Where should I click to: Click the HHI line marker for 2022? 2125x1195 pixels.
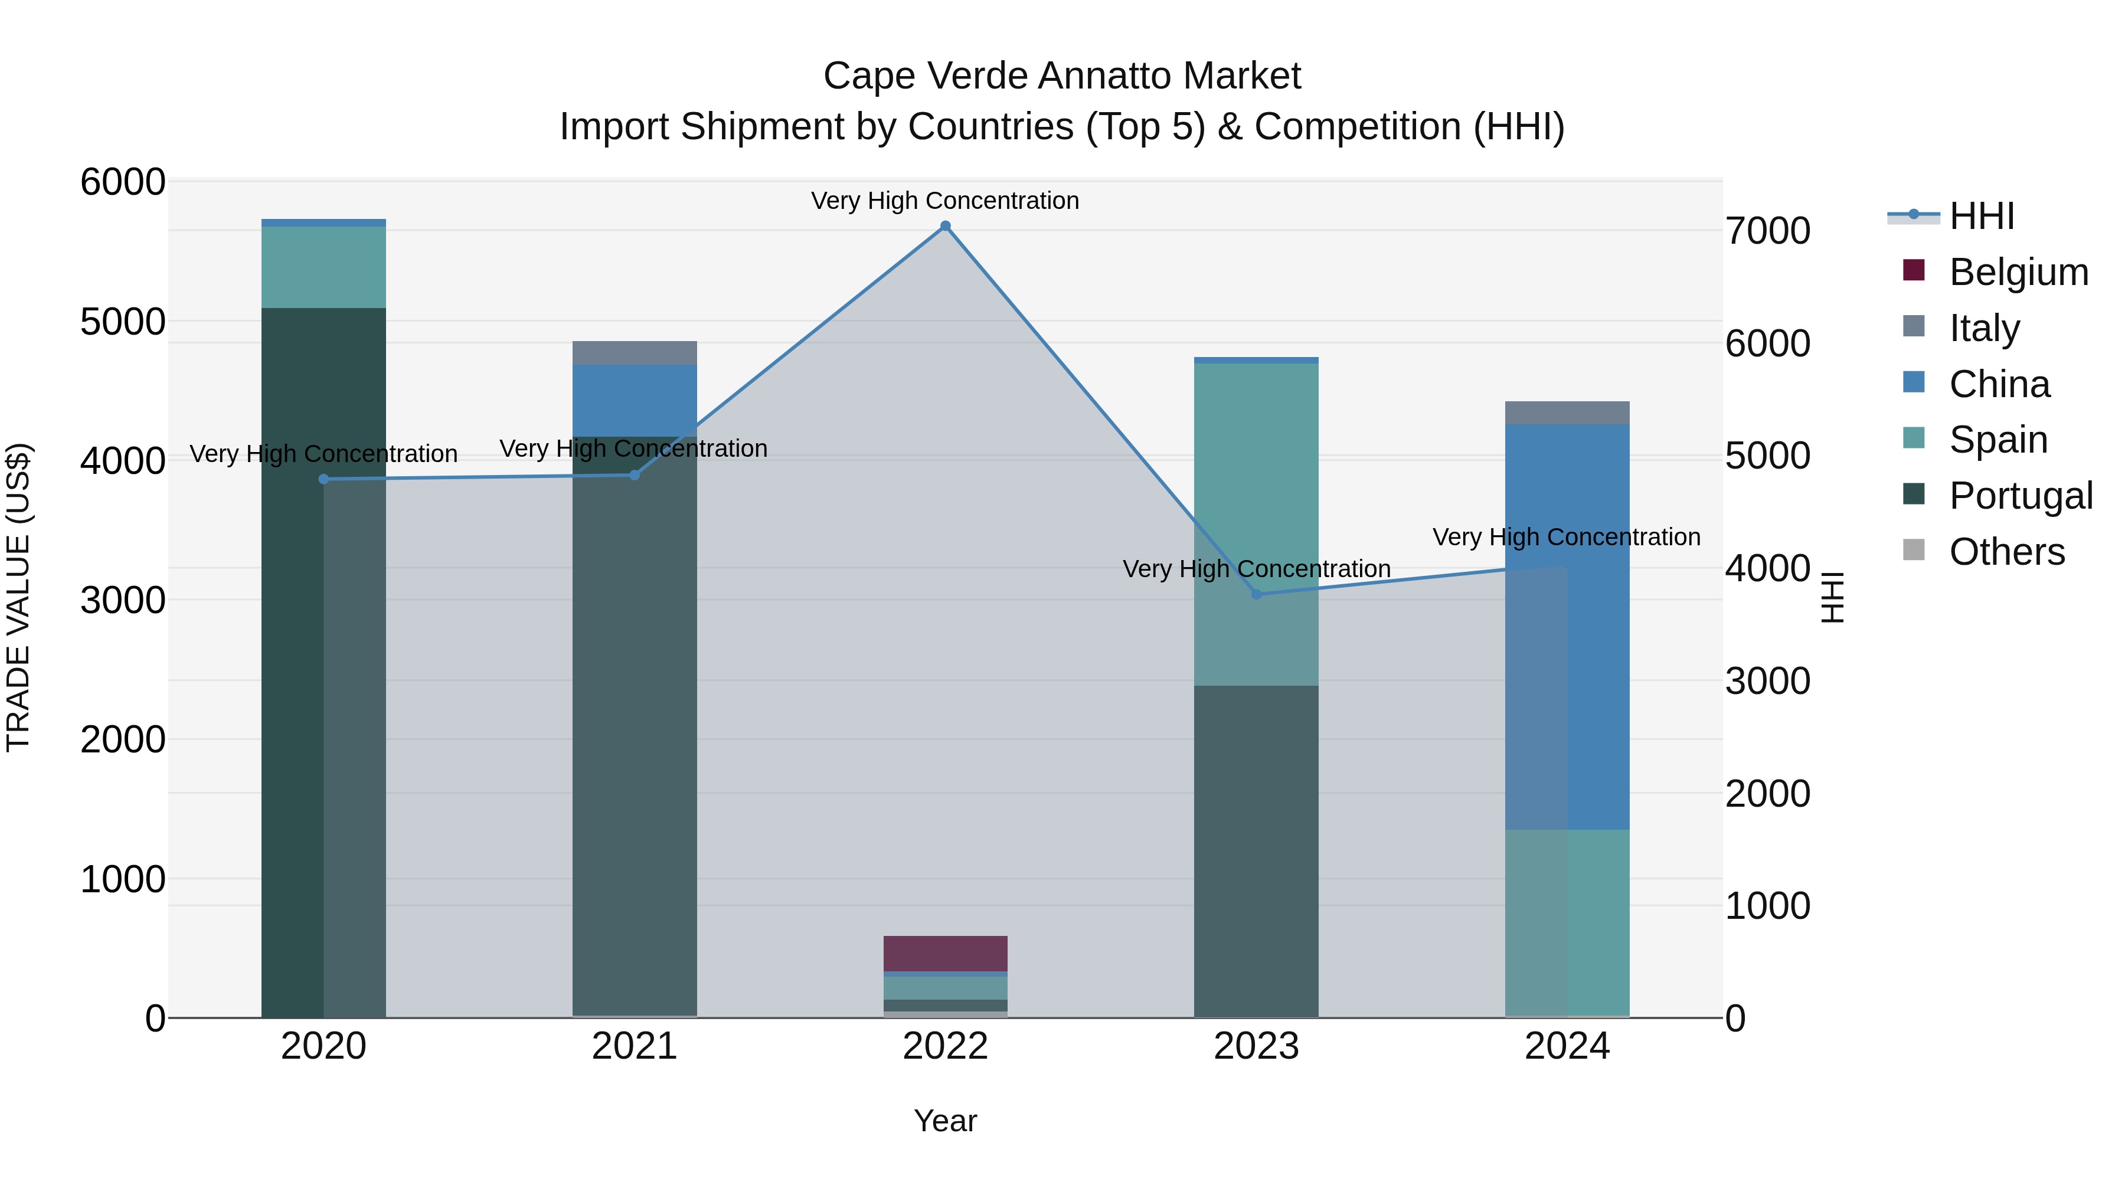(946, 226)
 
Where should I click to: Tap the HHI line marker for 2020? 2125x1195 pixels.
(323, 479)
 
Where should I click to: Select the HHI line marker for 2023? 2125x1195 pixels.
(1256, 594)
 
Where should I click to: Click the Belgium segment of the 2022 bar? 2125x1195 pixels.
(946, 954)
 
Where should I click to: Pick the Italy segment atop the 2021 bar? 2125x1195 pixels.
(635, 353)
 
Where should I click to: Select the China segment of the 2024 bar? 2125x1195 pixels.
(1567, 627)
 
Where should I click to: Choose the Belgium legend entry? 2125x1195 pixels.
(2018, 272)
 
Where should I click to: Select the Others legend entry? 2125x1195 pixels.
(2006, 552)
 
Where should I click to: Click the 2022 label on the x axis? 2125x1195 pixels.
(946, 1046)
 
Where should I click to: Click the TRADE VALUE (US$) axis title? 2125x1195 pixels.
(18, 598)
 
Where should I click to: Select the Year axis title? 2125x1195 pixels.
(946, 1121)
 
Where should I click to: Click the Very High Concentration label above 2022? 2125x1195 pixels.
(946, 201)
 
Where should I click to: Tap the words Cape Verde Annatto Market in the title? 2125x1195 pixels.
(1062, 76)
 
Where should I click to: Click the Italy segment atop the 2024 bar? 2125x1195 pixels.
(1567, 413)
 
